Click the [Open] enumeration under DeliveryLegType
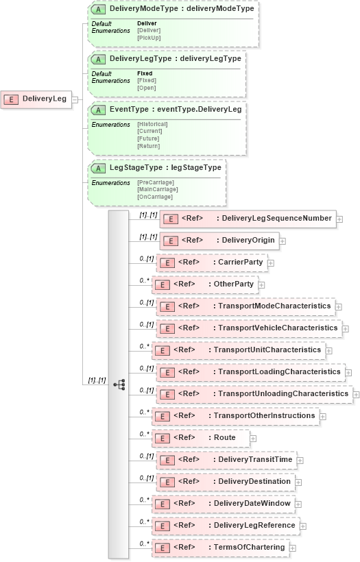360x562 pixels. (146, 88)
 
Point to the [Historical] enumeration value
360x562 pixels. (152, 124)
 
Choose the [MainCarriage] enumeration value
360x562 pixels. (157, 190)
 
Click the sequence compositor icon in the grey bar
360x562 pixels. (119, 384)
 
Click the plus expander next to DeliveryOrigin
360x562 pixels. (283, 241)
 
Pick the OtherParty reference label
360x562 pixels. (233, 284)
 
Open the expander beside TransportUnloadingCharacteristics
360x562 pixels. (357, 394)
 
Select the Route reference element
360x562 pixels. (224, 437)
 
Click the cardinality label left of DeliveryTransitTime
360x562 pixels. (145, 456)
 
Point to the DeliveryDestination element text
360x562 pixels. (254, 481)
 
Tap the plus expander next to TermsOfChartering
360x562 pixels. (292, 548)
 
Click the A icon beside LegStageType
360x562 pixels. (98, 168)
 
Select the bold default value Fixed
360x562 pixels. (145, 73)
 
